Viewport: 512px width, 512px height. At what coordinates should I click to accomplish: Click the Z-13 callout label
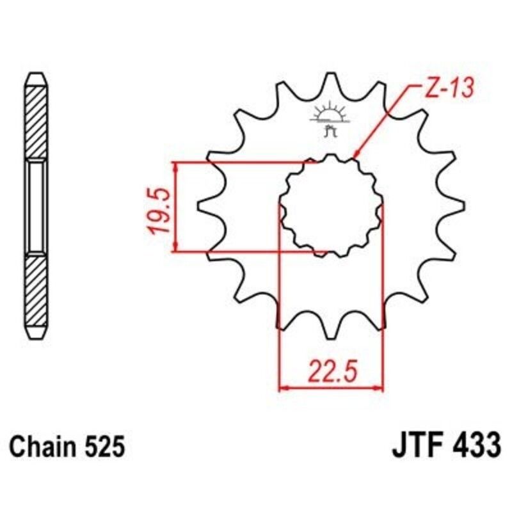448,90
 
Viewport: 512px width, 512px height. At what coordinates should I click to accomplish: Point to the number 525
102,445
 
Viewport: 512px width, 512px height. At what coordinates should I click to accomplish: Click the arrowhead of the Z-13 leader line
356,154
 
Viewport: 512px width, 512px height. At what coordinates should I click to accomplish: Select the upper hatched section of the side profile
36,122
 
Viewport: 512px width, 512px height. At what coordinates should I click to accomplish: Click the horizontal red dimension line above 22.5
331,387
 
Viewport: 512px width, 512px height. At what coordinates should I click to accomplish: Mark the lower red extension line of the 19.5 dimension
250,252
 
